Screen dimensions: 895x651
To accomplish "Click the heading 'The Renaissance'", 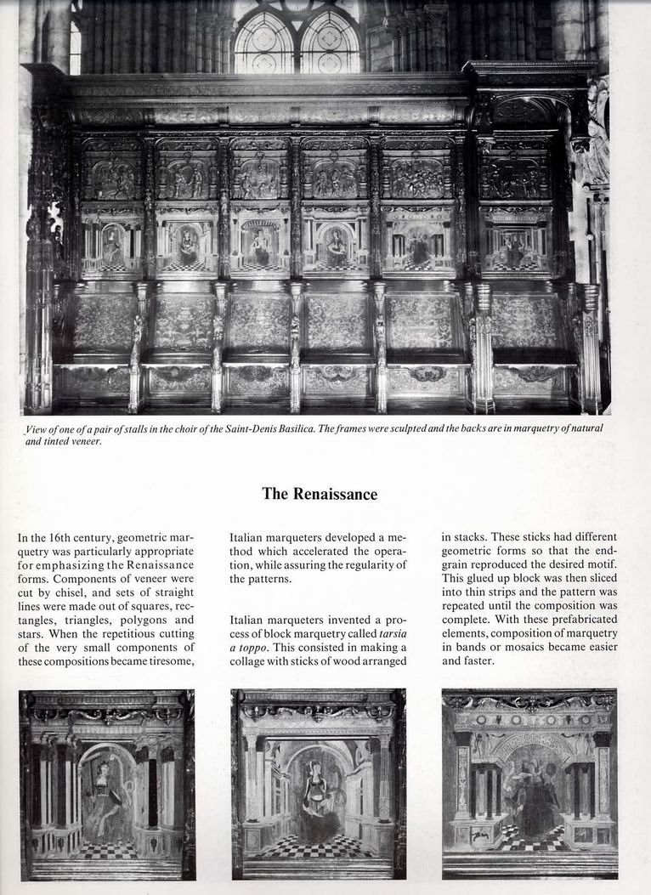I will click(319, 494).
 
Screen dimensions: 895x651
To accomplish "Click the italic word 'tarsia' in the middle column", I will click(391, 633).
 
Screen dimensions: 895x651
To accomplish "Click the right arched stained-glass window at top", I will click(330, 42).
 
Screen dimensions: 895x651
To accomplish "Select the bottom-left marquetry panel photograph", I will click(107, 784).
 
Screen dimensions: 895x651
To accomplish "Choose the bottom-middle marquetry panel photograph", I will click(318, 784).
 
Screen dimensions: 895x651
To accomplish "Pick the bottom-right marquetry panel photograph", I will click(529, 784).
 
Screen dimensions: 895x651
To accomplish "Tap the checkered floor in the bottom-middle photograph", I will click(318, 845).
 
